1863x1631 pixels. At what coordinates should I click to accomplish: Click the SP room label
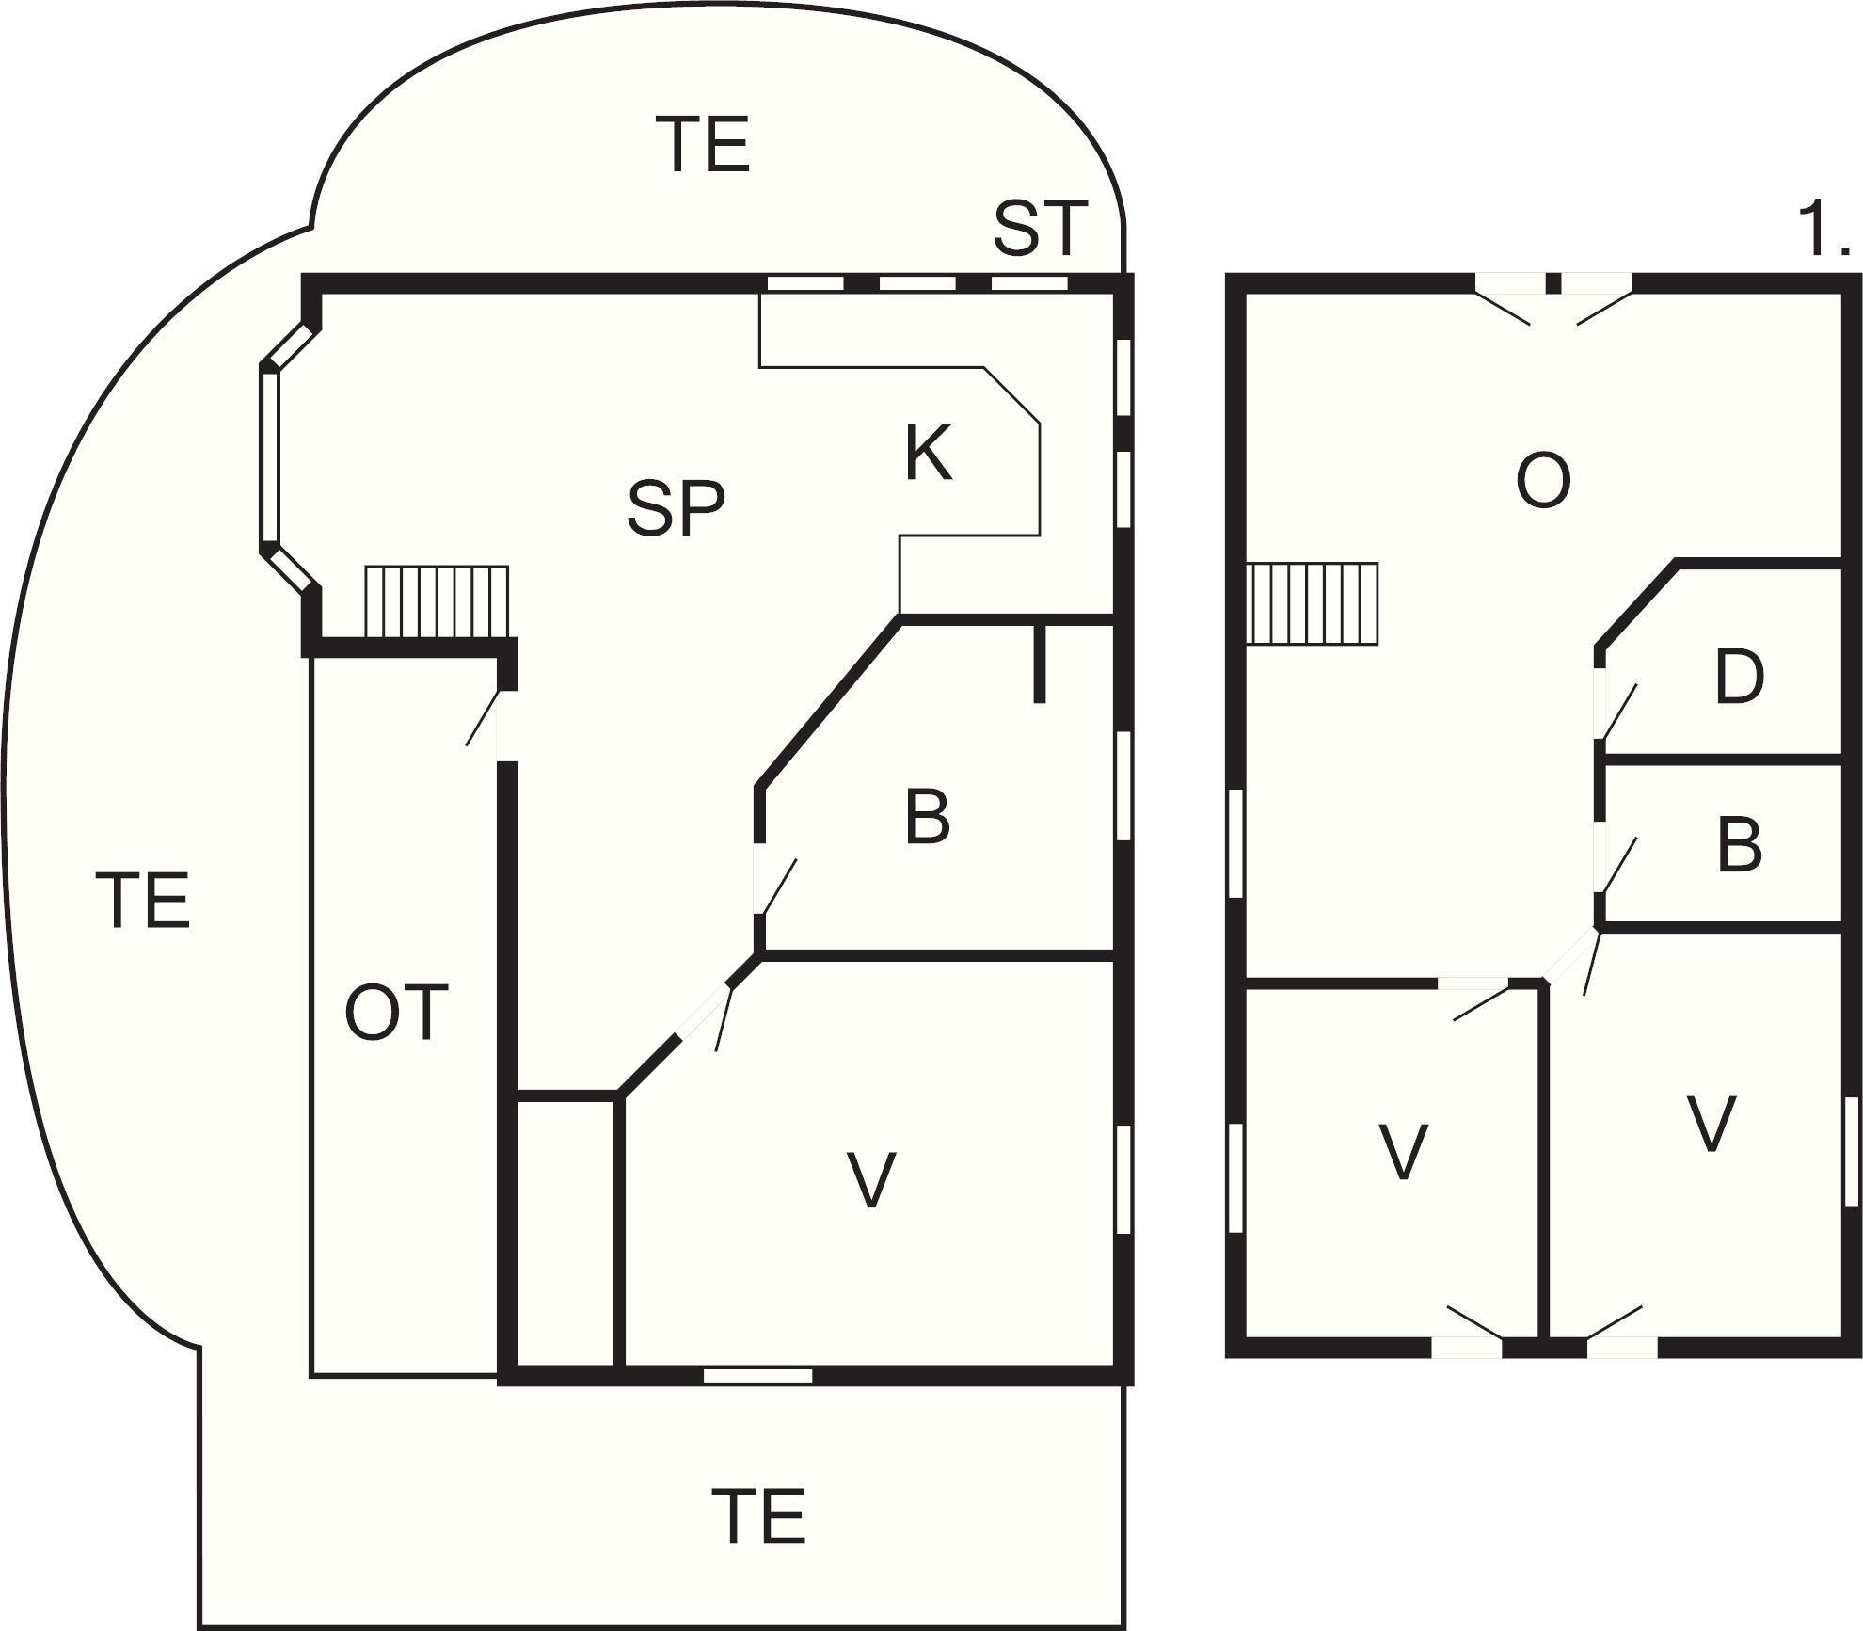(677, 508)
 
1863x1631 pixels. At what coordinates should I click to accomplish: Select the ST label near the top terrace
(1040, 228)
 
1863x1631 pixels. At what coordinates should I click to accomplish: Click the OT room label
(395, 1013)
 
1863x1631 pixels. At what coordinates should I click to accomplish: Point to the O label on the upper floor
(1543, 481)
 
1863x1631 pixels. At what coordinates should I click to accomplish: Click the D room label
(1739, 677)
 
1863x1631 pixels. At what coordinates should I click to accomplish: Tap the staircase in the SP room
(437, 601)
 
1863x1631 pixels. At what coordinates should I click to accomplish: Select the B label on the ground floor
(927, 817)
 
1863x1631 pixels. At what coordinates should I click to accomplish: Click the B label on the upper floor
(1739, 844)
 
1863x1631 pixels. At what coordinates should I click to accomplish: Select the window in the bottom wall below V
(757, 1375)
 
